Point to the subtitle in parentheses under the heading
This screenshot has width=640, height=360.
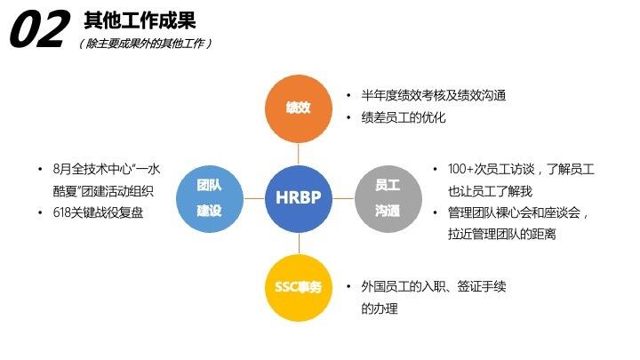pos(146,43)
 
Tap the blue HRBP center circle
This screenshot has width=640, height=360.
pos(298,197)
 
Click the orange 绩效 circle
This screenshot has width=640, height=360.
pos(298,108)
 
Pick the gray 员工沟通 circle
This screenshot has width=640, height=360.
pos(388,197)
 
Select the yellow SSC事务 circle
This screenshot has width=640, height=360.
pos(298,287)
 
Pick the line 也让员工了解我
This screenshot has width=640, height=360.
pos(490,190)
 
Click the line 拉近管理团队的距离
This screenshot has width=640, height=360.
pos(502,235)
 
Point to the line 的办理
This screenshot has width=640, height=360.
pos(380,308)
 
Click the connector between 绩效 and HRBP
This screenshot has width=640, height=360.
pos(298,153)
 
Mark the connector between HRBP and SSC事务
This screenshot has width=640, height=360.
pos(298,242)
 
